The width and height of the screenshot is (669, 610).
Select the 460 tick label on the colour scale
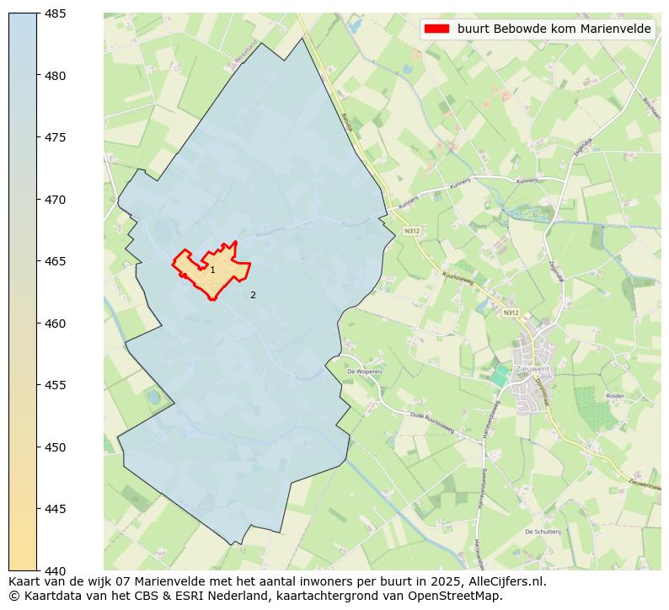(55, 324)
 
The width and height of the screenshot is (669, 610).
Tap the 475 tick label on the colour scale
(55, 137)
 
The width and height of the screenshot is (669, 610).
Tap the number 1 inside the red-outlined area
(212, 270)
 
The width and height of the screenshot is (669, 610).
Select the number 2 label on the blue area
(253, 295)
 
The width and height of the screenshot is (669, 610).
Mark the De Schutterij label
(542, 532)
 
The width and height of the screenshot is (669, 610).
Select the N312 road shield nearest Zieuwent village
(511, 313)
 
